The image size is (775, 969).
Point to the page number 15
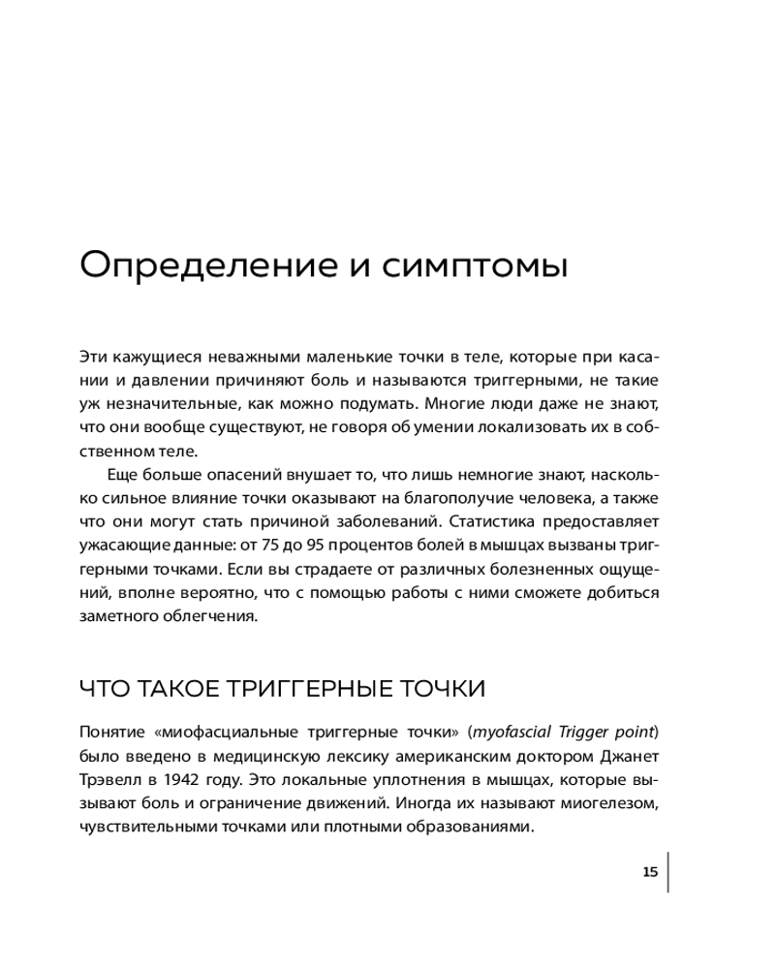(x=650, y=872)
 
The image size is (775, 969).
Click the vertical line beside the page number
(x=667, y=872)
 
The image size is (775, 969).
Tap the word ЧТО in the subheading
(x=102, y=689)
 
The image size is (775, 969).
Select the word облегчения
(x=213, y=614)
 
